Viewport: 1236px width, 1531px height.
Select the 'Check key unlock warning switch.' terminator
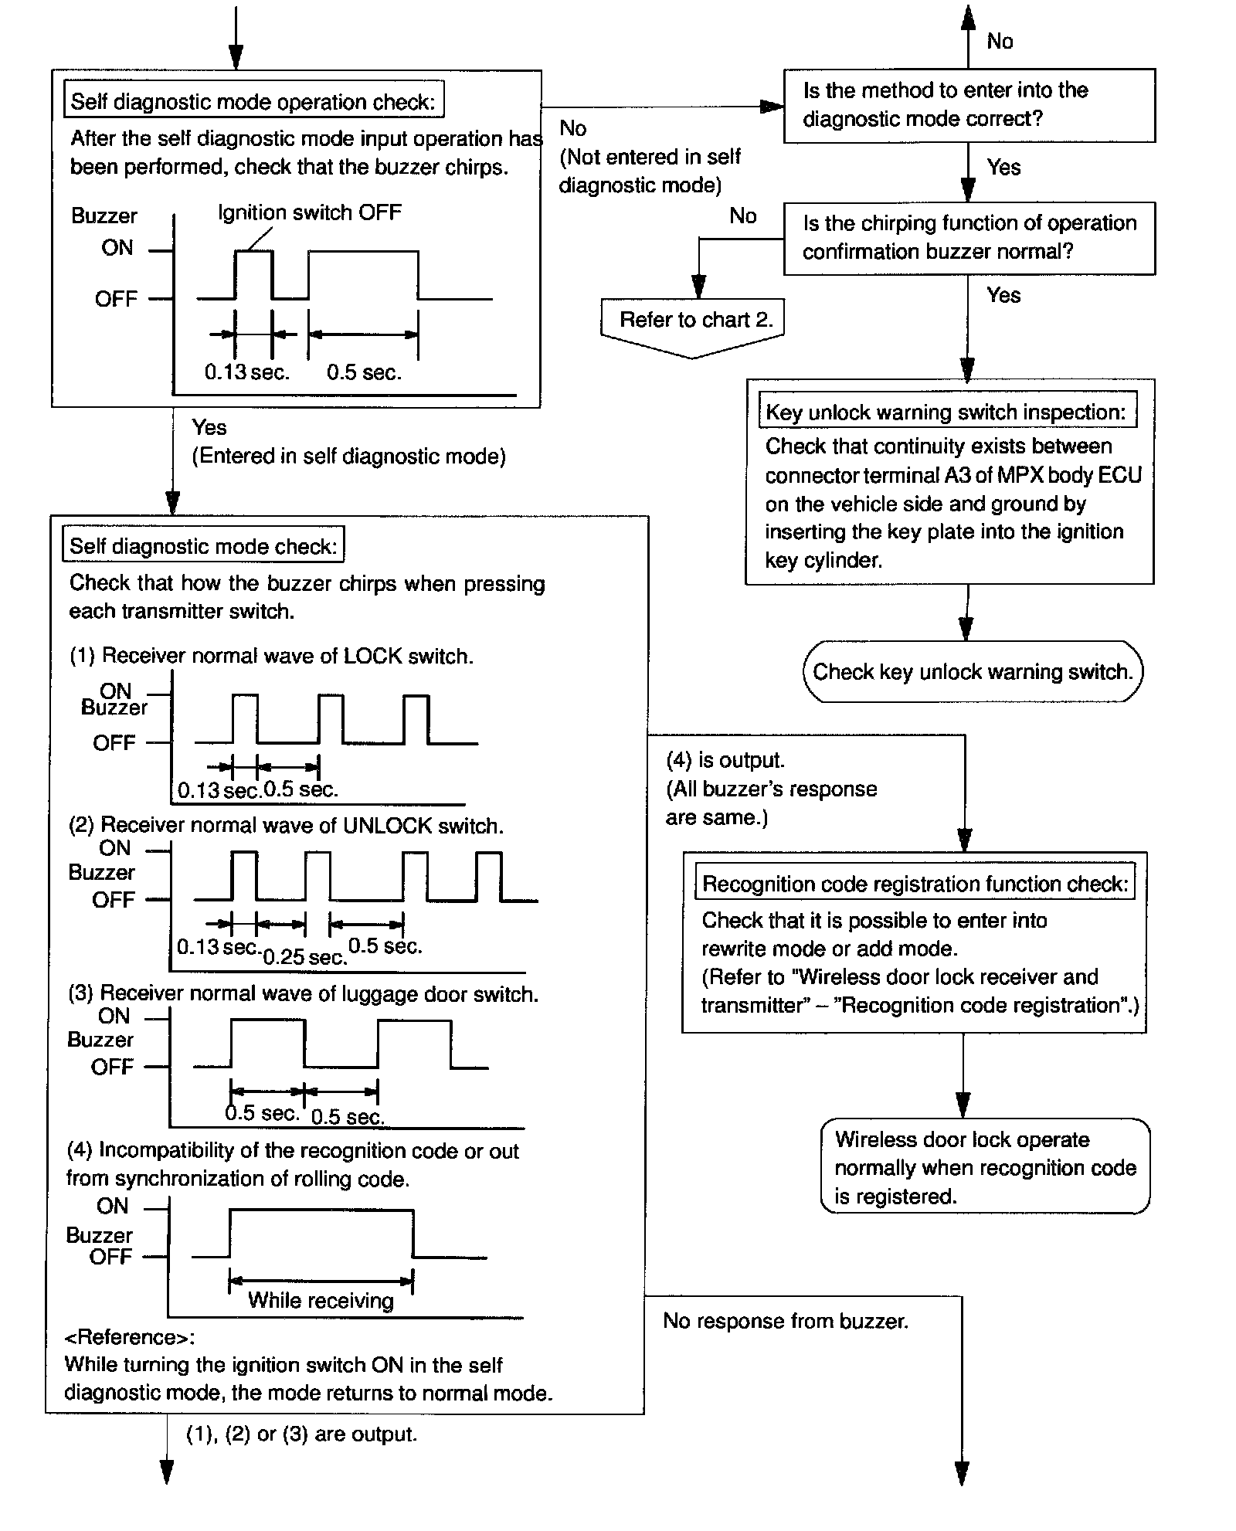click(972, 672)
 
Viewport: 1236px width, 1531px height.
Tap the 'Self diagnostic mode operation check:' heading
click(253, 102)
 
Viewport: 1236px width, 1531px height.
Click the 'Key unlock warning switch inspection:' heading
click(946, 412)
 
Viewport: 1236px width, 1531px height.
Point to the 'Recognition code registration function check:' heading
click(915, 884)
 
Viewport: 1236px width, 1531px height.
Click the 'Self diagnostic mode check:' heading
click(203, 547)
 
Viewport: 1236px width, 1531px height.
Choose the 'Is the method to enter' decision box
click(969, 105)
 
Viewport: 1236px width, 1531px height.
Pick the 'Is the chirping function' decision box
click(969, 238)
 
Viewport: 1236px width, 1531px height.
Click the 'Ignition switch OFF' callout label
click(310, 213)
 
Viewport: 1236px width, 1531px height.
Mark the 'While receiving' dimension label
click(321, 1301)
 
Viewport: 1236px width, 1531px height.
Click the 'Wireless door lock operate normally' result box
click(985, 1167)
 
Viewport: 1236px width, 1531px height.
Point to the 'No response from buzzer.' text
click(786, 1322)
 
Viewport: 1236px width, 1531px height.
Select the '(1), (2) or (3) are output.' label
click(301, 1434)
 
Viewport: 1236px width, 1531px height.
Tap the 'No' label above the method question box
click(1000, 41)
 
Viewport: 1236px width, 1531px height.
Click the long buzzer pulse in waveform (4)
click(321, 1211)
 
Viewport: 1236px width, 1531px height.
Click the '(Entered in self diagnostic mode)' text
click(348, 457)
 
